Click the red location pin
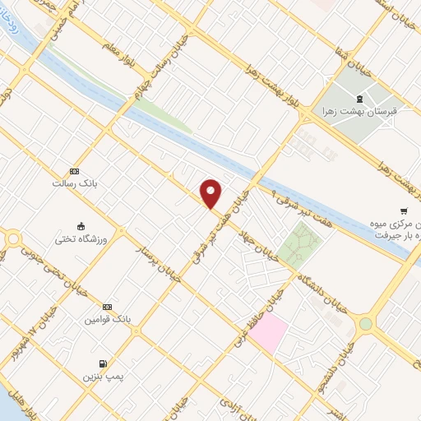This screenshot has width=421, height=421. tap(211, 194)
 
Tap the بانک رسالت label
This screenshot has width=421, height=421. tap(75, 184)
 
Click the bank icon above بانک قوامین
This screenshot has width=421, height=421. tap(106, 304)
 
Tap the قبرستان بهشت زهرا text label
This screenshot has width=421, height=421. tap(370, 109)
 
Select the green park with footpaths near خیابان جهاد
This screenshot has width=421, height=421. tap(298, 243)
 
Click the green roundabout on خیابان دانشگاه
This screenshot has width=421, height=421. tap(365, 324)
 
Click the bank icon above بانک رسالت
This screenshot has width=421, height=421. tap(75, 171)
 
